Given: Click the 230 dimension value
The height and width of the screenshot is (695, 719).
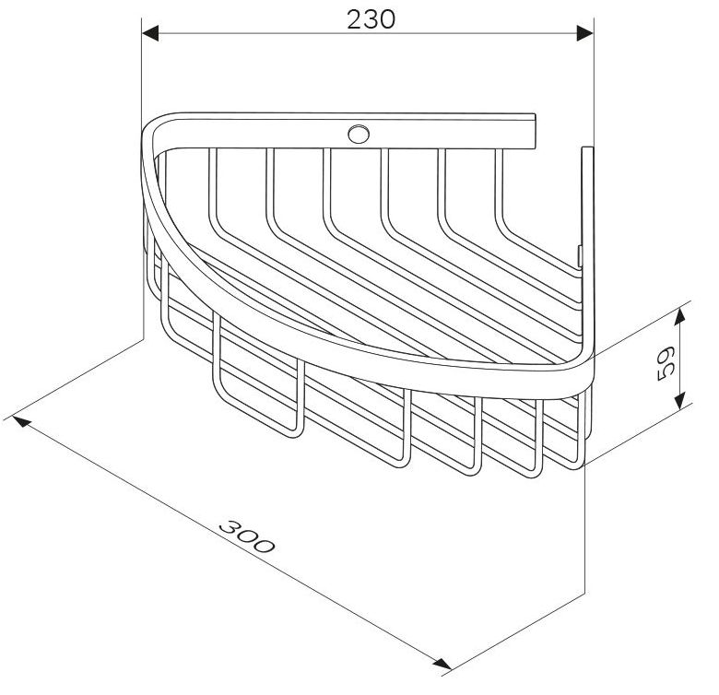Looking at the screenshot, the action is tap(371, 19).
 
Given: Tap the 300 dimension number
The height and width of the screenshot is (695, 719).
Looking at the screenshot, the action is tap(247, 536).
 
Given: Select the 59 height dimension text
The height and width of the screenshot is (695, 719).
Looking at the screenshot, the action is tap(665, 363).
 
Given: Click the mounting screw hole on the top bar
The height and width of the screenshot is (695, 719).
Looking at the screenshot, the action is tap(359, 134).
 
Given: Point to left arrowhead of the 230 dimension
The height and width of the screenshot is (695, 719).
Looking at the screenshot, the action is tap(150, 33).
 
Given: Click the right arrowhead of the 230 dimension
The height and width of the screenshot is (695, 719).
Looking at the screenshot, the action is tap(585, 33).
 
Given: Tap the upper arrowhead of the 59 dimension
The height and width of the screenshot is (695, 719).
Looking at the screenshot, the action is tap(680, 316).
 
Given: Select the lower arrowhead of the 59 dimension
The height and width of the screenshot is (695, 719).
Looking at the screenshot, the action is tap(680, 401).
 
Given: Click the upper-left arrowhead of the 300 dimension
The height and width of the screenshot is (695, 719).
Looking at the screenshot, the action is tap(22, 420).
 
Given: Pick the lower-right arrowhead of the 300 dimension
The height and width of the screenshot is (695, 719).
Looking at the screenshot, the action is tap(442, 663).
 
